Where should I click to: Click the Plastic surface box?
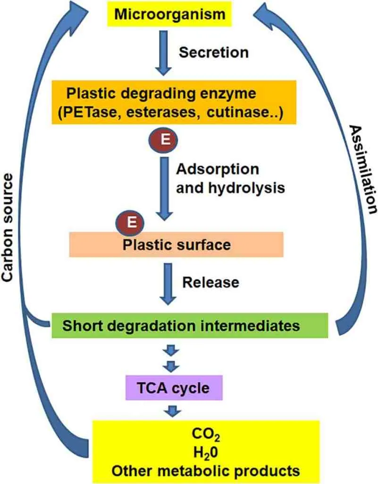[x=176, y=244]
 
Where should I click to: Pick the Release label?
[x=210, y=282]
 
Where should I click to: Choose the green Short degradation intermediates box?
[x=189, y=326]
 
